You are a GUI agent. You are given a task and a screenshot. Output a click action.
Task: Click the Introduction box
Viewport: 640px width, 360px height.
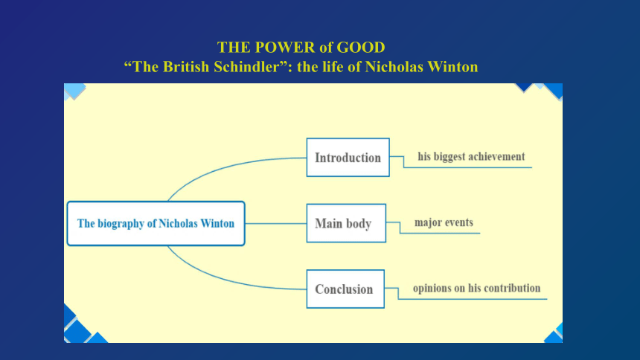pyautogui.click(x=348, y=158)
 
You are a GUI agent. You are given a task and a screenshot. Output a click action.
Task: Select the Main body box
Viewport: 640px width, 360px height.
pyautogui.click(x=346, y=223)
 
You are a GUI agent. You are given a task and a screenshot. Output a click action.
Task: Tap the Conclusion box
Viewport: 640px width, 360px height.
pyautogui.click(x=345, y=289)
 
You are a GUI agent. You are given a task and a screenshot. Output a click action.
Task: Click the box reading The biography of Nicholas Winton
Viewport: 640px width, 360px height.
pyautogui.click(x=156, y=223)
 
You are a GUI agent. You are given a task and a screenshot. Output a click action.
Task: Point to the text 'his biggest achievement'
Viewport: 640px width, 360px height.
pyautogui.click(x=471, y=157)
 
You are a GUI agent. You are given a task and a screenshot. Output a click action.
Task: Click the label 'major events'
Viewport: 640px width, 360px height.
pyautogui.click(x=444, y=222)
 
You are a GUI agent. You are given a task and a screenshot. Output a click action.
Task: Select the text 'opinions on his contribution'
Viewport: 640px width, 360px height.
pyautogui.click(x=476, y=288)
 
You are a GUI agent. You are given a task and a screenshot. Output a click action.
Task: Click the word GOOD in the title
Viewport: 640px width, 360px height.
pyautogui.click(x=361, y=48)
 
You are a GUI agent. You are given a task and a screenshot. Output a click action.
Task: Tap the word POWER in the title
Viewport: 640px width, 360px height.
pyautogui.click(x=285, y=48)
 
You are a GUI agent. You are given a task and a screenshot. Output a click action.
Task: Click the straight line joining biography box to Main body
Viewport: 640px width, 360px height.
pyautogui.click(x=276, y=223)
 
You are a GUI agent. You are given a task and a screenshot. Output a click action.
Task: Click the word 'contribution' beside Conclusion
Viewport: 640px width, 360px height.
pyautogui.click(x=516, y=288)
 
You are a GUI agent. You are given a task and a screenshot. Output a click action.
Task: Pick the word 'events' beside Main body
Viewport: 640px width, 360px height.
pyautogui.click(x=458, y=222)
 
